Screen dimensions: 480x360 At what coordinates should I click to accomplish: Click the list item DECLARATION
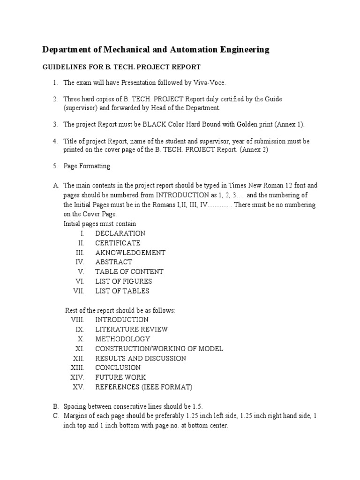[x=120, y=233]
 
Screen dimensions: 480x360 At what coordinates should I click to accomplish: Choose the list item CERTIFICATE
[x=118, y=243]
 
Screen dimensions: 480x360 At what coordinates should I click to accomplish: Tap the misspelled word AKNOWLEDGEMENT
[x=130, y=253]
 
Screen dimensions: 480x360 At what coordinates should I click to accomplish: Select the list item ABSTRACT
[x=113, y=262]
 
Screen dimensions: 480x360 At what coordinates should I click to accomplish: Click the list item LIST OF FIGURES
[x=123, y=281]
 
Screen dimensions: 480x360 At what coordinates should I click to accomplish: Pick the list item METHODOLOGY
[x=122, y=339]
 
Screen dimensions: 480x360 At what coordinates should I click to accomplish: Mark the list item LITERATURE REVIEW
[x=131, y=329]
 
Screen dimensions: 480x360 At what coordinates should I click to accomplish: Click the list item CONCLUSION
[x=118, y=367]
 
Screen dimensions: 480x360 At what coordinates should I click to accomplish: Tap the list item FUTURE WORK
[x=120, y=377]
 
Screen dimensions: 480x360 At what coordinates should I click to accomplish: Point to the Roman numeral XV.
[x=78, y=387]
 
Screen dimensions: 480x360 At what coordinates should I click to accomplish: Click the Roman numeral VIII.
[x=77, y=320]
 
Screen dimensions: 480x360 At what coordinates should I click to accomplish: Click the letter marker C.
[x=56, y=416]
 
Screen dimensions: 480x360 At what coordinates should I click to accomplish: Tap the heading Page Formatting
[x=87, y=166]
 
